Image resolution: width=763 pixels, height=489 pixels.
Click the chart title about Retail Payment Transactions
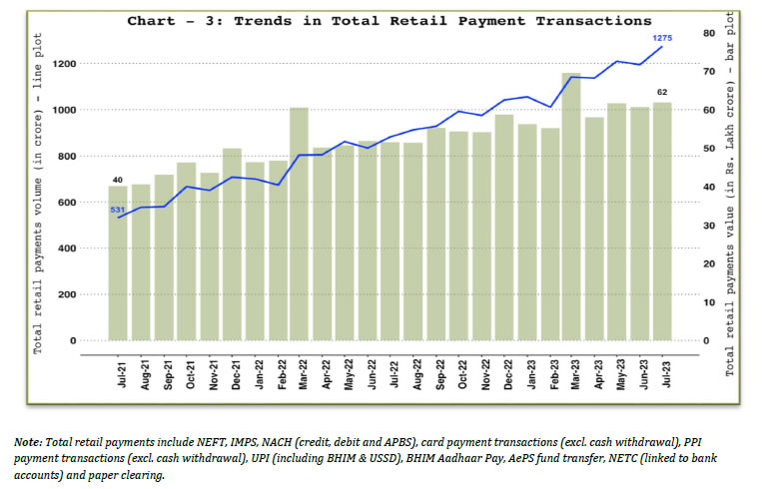click(388, 20)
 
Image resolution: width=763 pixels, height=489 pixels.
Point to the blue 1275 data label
click(662, 39)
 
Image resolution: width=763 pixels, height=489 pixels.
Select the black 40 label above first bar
click(117, 180)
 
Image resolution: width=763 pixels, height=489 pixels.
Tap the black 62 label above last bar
click(662, 93)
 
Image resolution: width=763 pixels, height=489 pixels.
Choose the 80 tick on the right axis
click(708, 33)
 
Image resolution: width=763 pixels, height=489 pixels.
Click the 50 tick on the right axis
click(708, 149)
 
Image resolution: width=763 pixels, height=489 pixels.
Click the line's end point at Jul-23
click(661, 47)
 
